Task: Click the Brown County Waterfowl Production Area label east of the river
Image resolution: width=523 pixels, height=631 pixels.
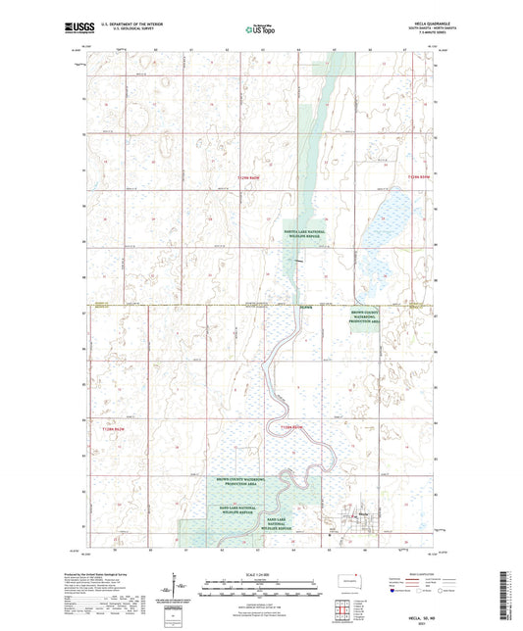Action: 365,318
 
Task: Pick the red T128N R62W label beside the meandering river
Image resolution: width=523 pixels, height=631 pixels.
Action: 293,429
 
